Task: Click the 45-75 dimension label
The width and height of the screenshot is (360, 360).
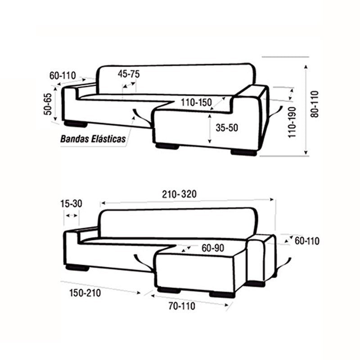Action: pyautogui.click(x=129, y=74)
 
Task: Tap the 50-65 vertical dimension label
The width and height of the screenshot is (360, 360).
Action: pyautogui.click(x=48, y=104)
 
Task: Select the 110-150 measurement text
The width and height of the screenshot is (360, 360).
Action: pyautogui.click(x=196, y=103)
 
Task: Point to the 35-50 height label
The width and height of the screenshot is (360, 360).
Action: pyautogui.click(x=227, y=128)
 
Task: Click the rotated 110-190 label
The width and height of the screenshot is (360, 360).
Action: pyautogui.click(x=292, y=122)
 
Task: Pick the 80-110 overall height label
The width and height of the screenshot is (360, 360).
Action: pyautogui.click(x=315, y=104)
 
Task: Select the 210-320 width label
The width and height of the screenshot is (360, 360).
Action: pyautogui.click(x=179, y=194)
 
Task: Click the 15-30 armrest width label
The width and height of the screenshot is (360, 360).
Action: pyautogui.click(x=71, y=203)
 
